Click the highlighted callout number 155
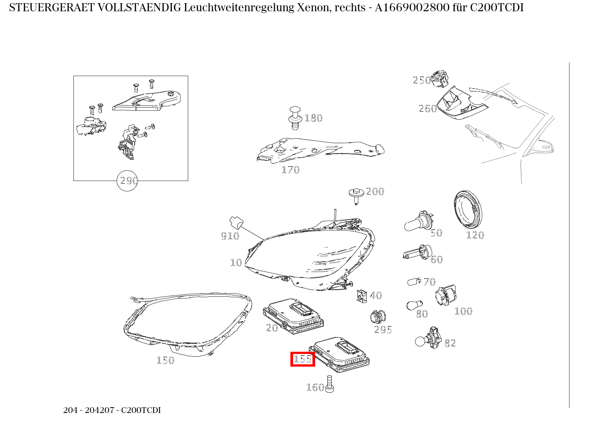pyautogui.click(x=303, y=359)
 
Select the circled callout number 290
pyautogui.click(x=127, y=181)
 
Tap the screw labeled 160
pyautogui.click(x=330, y=383)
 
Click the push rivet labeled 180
pyautogui.click(x=295, y=117)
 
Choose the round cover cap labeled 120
pyautogui.click(x=468, y=210)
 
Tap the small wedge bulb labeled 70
pyautogui.click(x=413, y=282)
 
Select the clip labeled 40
pyautogui.click(x=362, y=295)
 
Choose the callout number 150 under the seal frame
pyautogui.click(x=165, y=360)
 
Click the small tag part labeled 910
pyautogui.click(x=236, y=222)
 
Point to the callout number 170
pyautogui.click(x=290, y=170)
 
